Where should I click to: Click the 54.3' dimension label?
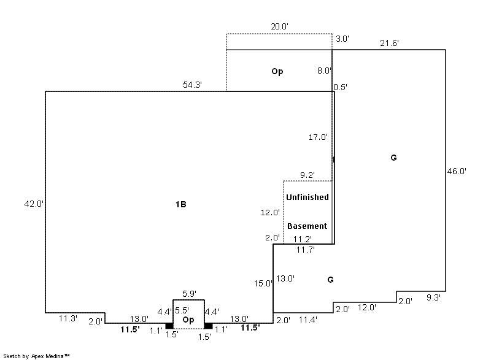[x=192, y=85]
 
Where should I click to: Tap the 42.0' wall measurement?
[x=34, y=204]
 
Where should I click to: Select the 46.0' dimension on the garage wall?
[x=457, y=171]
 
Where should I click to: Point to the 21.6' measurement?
[x=390, y=43]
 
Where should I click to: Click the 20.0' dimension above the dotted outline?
[x=280, y=26]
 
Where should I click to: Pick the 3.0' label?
[x=342, y=39]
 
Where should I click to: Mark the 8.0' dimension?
[x=324, y=71]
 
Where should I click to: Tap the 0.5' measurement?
[x=341, y=87]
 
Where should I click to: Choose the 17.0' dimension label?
[x=318, y=137]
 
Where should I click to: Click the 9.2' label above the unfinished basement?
[x=307, y=175]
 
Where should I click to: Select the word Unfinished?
[x=307, y=197]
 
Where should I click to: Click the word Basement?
[x=307, y=226]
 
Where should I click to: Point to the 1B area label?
[x=181, y=204]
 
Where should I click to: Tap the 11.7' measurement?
[x=306, y=250]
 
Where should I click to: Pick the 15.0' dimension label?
[x=263, y=284]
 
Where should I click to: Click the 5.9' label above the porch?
[x=190, y=294]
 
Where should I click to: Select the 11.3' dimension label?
[x=68, y=318]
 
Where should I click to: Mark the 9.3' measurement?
[x=433, y=297]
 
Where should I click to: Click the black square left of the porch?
[x=169, y=326]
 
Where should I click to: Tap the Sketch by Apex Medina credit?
[x=36, y=356]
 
